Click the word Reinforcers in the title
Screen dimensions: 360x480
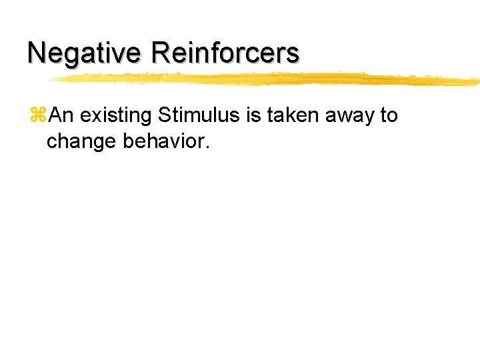[225, 53]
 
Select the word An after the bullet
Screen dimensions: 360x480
[62, 115]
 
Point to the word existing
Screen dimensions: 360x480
[117, 116]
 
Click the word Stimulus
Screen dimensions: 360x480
[199, 115]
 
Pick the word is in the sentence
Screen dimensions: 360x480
[254, 115]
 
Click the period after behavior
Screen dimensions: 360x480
[207, 146]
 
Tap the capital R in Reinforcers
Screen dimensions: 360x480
[161, 53]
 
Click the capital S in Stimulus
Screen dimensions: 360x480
[165, 115]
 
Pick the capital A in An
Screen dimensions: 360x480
[56, 115]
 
